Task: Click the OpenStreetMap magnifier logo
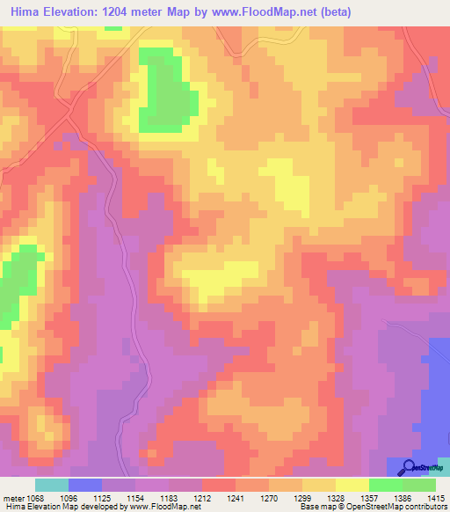click(410, 467)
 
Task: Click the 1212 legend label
click(203, 498)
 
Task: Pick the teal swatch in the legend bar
click(52, 485)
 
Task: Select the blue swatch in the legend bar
click(85, 485)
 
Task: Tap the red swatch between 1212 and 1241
click(219, 485)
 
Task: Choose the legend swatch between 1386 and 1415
click(419, 485)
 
